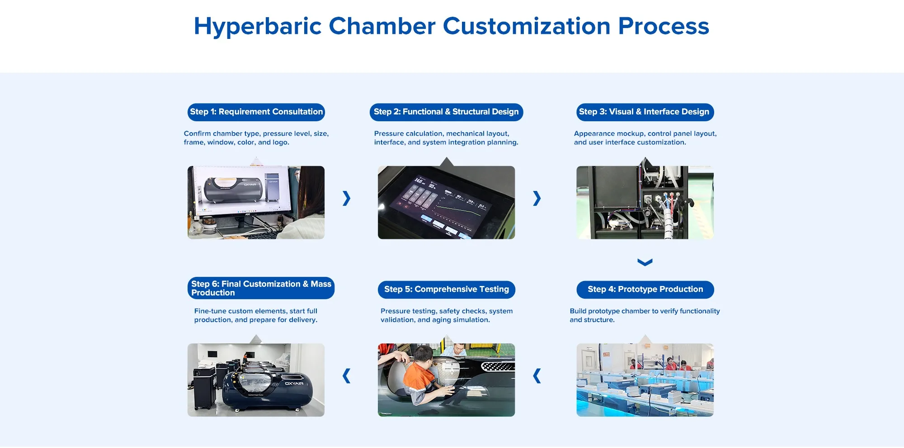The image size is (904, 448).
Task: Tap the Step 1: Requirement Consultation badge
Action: coord(256,112)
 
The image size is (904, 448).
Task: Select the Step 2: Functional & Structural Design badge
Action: coord(446,112)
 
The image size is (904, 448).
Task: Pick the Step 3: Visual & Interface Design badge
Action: coord(645,112)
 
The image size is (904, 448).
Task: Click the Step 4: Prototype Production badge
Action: coord(645,290)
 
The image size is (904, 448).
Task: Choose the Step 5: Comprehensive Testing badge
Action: coord(447,290)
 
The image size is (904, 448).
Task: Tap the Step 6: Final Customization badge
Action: coord(261,288)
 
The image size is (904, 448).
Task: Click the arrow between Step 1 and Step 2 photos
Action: coord(347,198)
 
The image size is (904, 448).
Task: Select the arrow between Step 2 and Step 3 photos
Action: coord(537,198)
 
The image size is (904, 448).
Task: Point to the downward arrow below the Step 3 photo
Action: coord(645,262)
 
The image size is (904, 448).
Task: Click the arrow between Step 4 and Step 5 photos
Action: coord(537,376)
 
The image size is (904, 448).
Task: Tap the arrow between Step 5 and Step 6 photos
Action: coord(347,376)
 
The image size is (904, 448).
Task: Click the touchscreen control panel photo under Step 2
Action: coord(446,202)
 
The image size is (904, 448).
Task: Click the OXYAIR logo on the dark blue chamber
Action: coord(294,384)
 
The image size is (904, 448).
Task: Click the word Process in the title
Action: coord(664,26)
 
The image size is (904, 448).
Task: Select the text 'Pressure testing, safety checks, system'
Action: coord(447,311)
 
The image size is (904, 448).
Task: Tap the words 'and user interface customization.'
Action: coord(630,142)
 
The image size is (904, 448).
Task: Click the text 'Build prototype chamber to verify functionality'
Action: coord(645,311)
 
